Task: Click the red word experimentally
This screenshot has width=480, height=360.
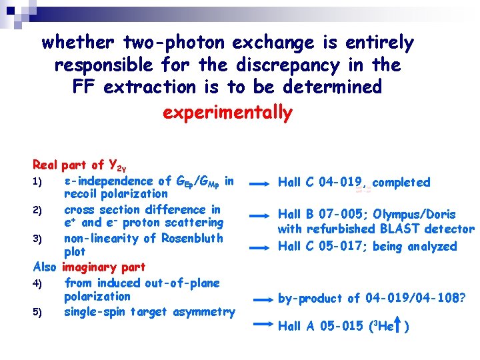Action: (x=227, y=113)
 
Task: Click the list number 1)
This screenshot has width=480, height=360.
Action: (x=39, y=182)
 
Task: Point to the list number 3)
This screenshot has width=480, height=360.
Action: (x=39, y=239)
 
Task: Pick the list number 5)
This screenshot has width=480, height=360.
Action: (x=39, y=312)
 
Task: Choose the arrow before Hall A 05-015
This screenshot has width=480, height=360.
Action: (x=264, y=325)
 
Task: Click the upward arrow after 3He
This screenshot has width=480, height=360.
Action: (x=397, y=325)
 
